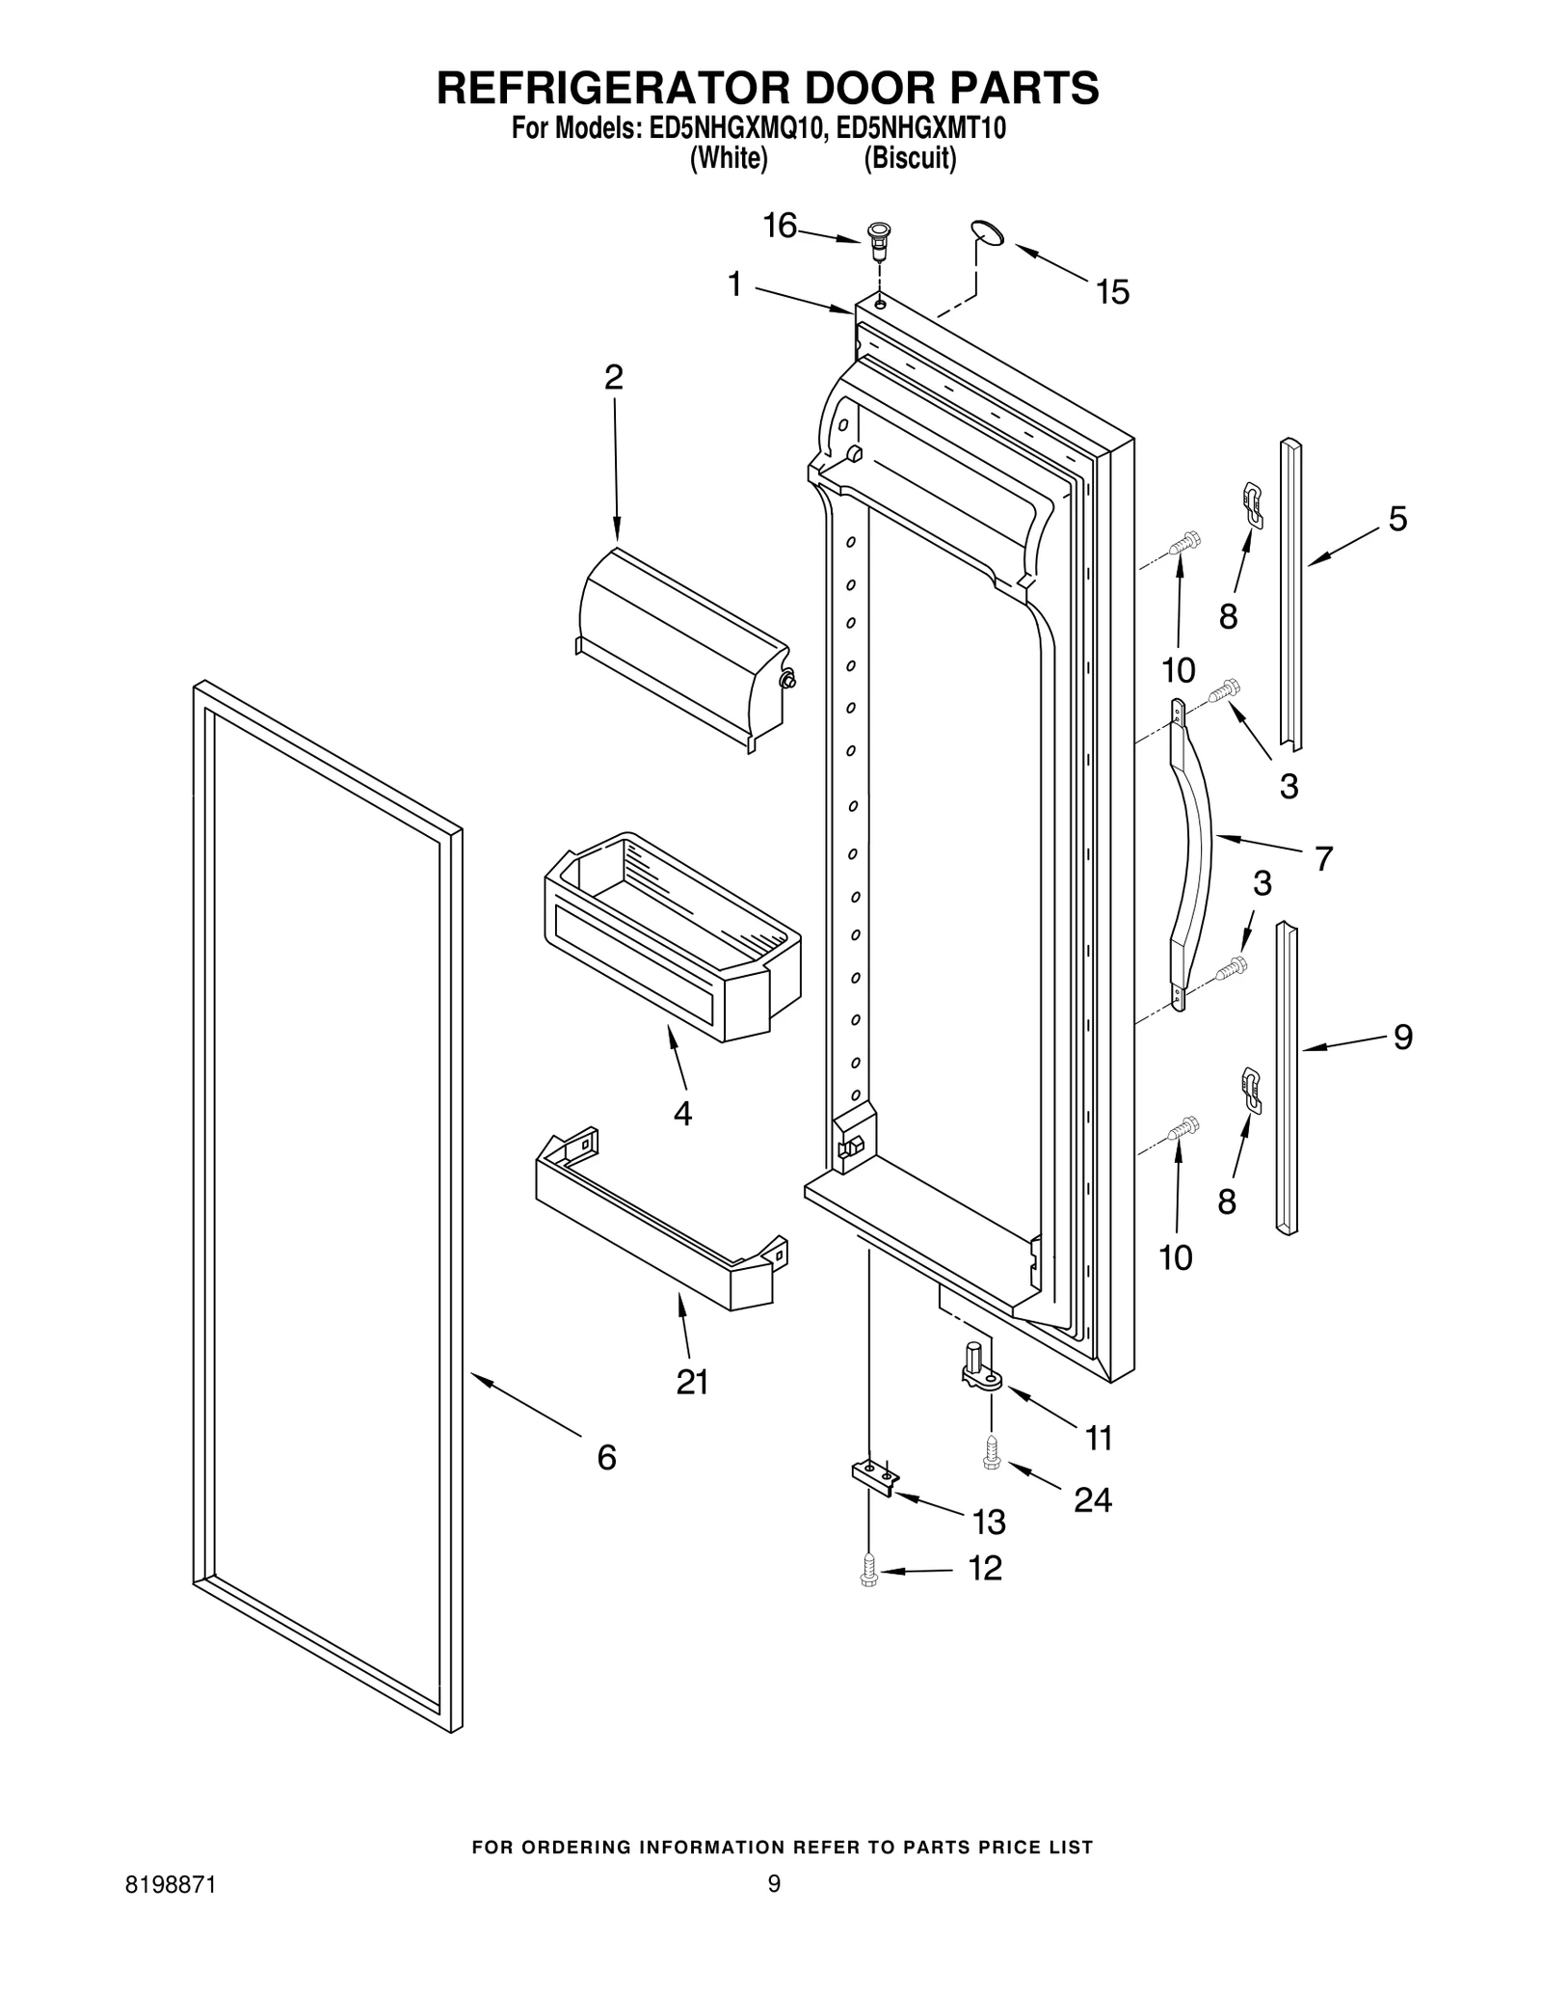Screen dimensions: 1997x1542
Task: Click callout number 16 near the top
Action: [x=780, y=227]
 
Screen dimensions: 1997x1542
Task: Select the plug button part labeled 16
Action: [x=878, y=240]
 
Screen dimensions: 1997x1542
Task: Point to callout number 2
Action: [x=614, y=377]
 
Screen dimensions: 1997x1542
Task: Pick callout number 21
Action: [x=692, y=1382]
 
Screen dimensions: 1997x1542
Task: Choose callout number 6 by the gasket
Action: [x=606, y=1457]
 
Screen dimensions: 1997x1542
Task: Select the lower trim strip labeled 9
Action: [x=1286, y=1078]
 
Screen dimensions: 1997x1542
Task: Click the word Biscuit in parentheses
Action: [x=910, y=159]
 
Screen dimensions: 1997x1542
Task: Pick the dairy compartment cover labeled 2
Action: [x=680, y=651]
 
